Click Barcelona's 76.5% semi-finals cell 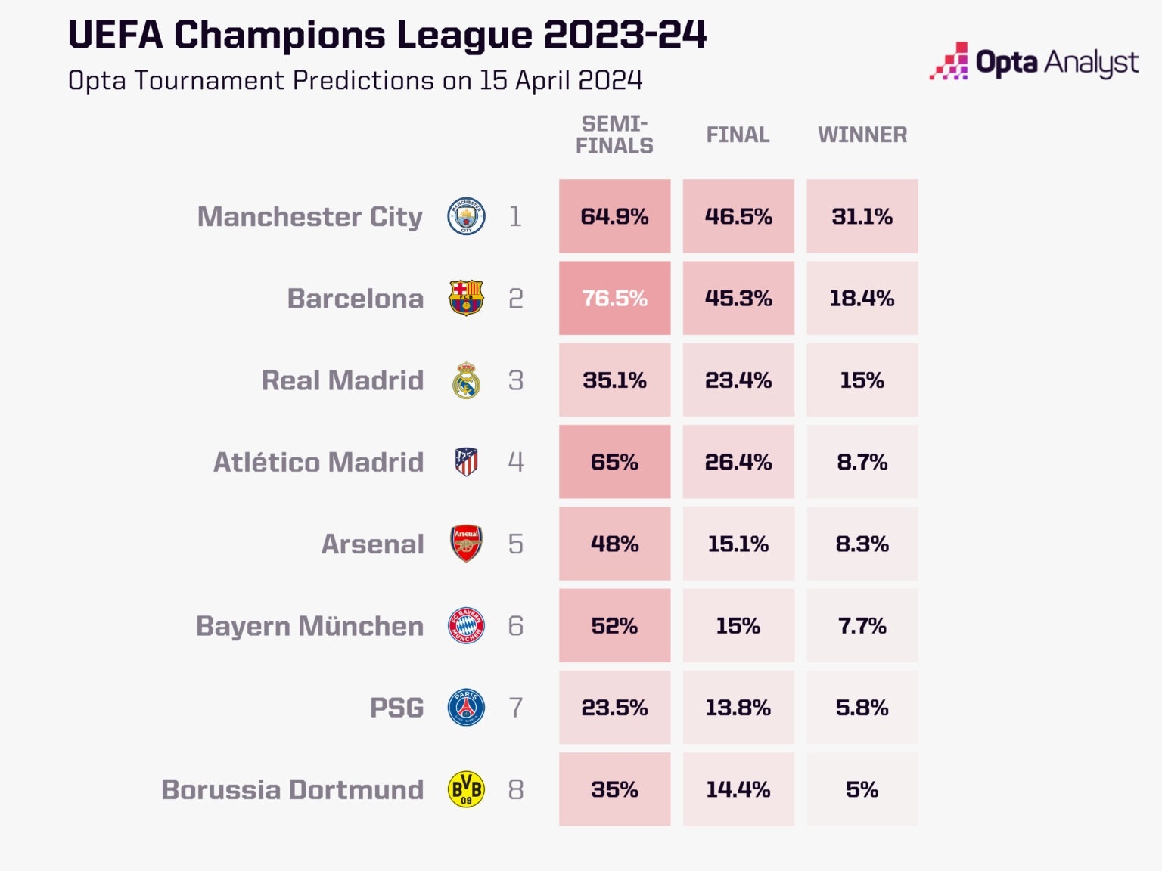(x=614, y=298)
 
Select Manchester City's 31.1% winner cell (x=862, y=216)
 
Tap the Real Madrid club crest (x=466, y=380)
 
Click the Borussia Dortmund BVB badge (x=466, y=789)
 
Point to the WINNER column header (x=862, y=135)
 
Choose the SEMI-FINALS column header (x=614, y=135)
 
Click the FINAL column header (x=738, y=135)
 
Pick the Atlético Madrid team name (x=318, y=462)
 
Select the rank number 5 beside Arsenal (x=515, y=544)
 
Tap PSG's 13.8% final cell (x=738, y=708)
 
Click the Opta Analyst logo (x=1033, y=62)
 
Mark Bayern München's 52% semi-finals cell (x=614, y=626)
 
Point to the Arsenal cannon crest (x=466, y=544)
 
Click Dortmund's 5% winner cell (x=862, y=789)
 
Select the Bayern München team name (x=309, y=626)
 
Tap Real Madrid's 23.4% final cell (x=738, y=380)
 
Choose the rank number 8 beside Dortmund (x=515, y=789)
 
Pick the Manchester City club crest (x=466, y=216)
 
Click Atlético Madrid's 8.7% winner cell (x=862, y=462)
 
